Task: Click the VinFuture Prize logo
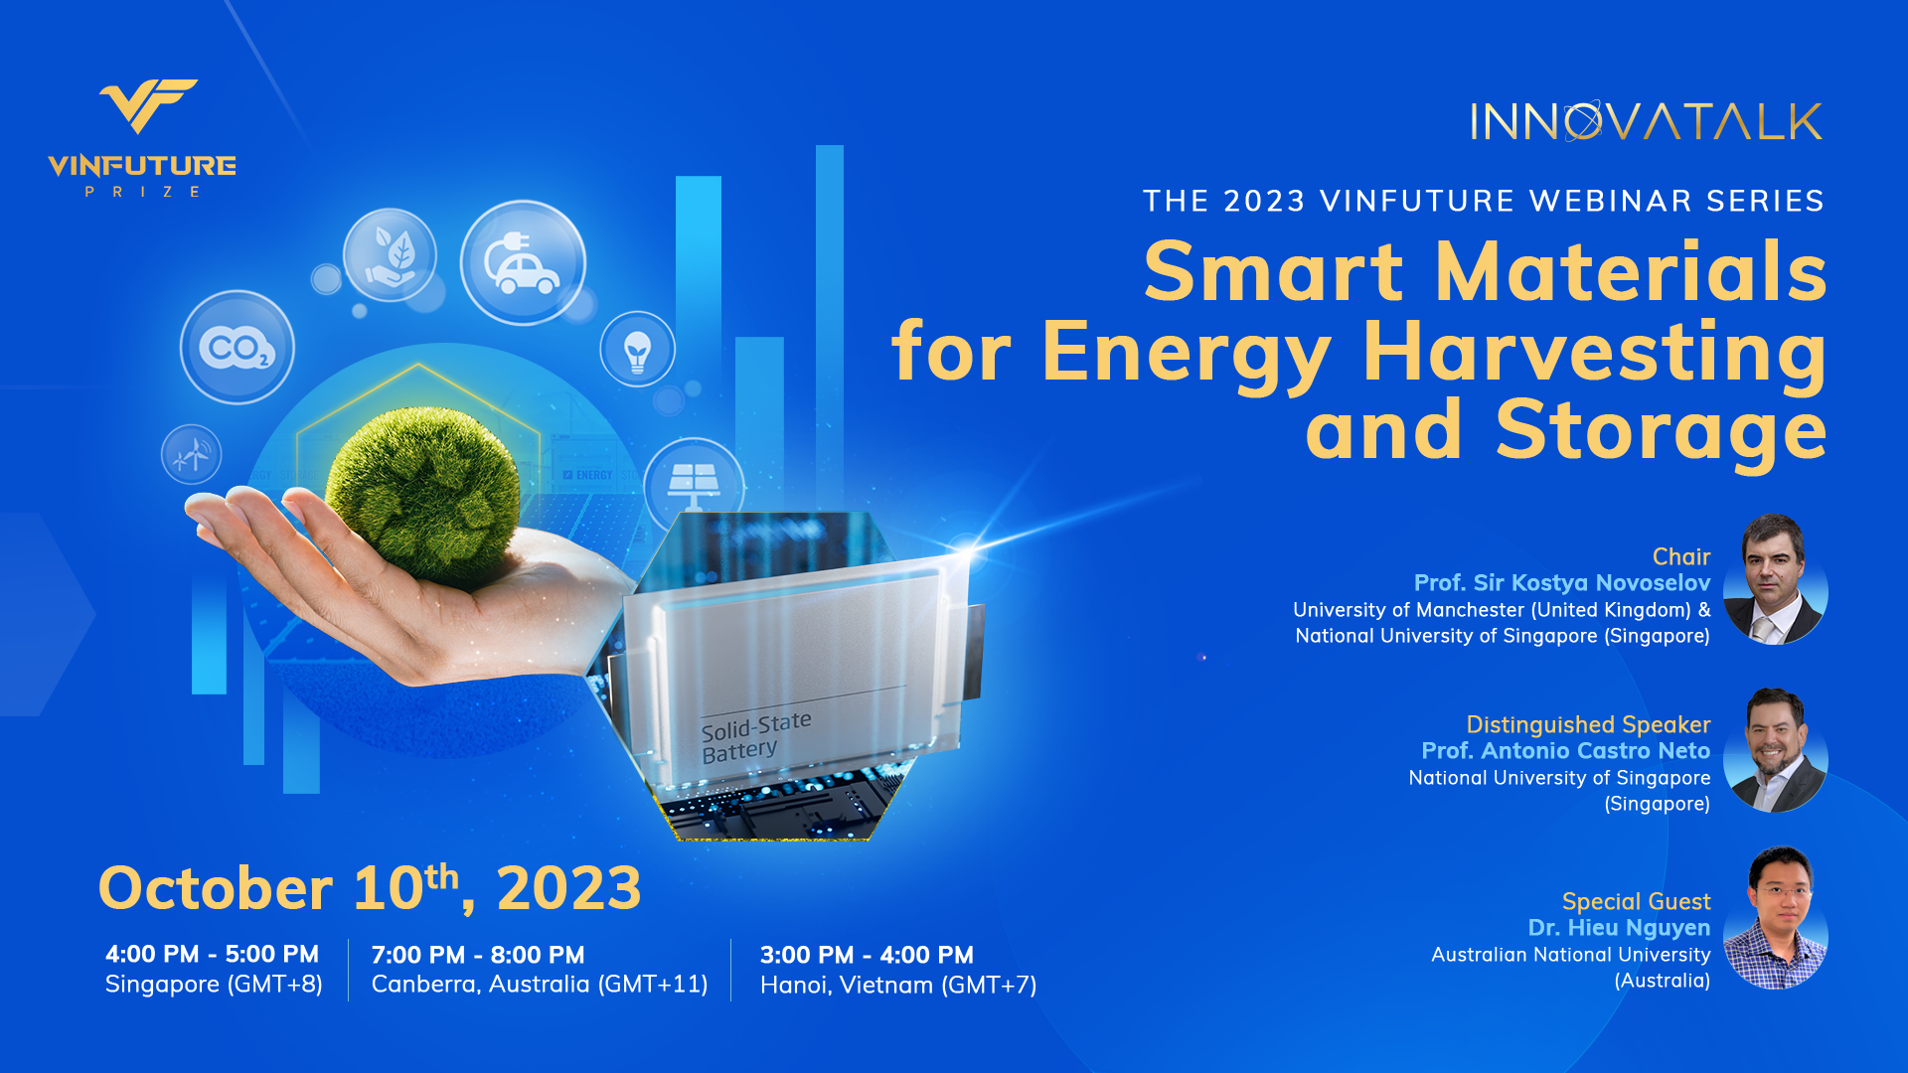pyautogui.click(x=142, y=138)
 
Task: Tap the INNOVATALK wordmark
pyautogui.click(x=1647, y=122)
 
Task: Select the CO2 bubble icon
pyautogui.click(x=238, y=347)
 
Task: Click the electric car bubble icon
pyautogui.click(x=523, y=263)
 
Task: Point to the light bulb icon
pyautogui.click(x=637, y=350)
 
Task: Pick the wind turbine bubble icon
pyautogui.click(x=192, y=455)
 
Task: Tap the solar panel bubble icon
pyautogui.click(x=694, y=482)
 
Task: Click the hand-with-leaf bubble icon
pyautogui.click(x=390, y=255)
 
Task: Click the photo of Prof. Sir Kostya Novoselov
pyautogui.click(x=1776, y=579)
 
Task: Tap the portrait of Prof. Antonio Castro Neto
pyautogui.click(x=1776, y=750)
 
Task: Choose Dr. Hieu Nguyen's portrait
pyautogui.click(x=1776, y=917)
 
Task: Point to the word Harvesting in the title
pyautogui.click(x=1595, y=354)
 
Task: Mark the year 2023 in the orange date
pyautogui.click(x=568, y=888)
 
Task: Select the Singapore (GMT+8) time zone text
pyautogui.click(x=214, y=985)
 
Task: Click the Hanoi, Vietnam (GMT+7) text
pyautogui.click(x=898, y=986)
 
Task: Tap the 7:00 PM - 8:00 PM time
pyautogui.click(x=478, y=955)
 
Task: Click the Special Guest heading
pyautogui.click(x=1636, y=902)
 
